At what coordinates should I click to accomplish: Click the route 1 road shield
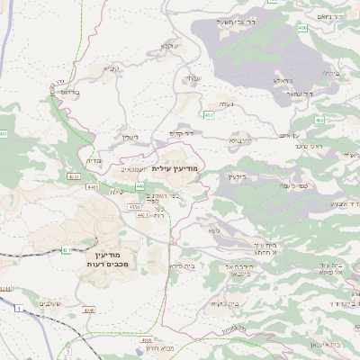18,310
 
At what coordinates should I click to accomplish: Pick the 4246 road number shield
89,310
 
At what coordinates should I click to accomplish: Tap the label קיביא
110,68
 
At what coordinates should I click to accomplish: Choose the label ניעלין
129,137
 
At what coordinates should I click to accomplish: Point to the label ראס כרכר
307,145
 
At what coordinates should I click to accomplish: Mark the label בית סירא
183,266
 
